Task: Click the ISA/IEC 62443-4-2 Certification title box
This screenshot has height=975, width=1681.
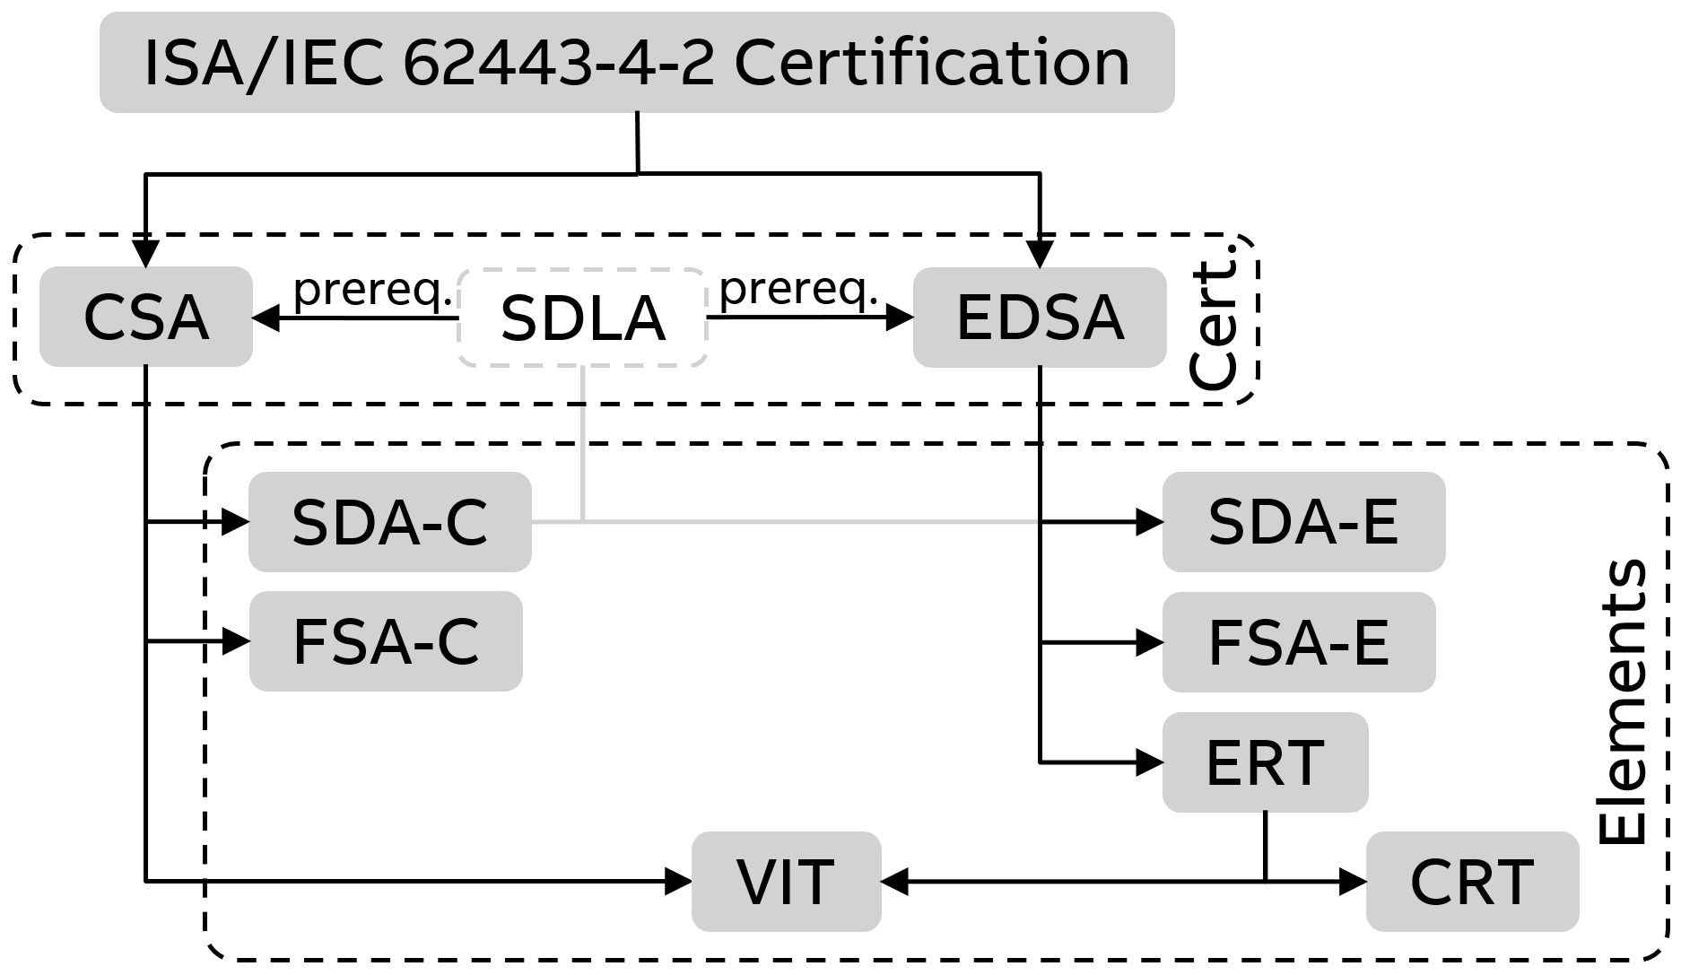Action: point(637,62)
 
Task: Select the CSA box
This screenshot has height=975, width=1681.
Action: point(145,317)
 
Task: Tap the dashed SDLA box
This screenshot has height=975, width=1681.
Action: point(583,318)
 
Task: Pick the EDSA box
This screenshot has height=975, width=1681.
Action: point(1040,318)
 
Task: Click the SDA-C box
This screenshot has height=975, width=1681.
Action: point(389,522)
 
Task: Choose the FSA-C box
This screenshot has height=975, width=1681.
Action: point(386,641)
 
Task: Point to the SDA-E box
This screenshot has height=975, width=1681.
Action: point(1303,522)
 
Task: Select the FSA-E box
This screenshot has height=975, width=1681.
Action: point(1299,642)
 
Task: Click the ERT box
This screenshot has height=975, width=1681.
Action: point(1265,762)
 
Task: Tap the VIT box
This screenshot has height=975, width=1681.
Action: point(786,882)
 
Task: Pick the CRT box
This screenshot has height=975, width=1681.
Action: point(1472,882)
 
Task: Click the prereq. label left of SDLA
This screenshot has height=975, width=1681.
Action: point(372,289)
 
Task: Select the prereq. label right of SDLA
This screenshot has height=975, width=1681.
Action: point(798,289)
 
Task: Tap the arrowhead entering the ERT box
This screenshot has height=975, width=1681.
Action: point(1150,762)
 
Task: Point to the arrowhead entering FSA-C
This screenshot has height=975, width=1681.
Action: point(237,641)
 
